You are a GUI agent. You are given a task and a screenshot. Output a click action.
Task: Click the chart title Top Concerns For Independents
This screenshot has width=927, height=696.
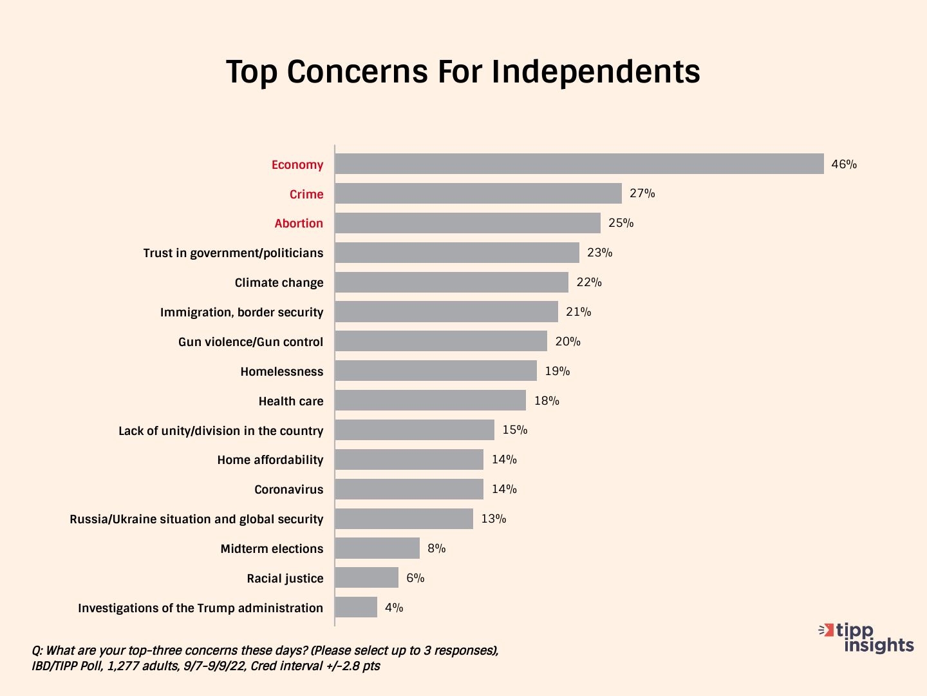(463, 72)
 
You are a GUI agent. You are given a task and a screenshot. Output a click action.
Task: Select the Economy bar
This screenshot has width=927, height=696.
(579, 164)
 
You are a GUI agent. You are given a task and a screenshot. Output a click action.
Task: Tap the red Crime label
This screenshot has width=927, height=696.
(306, 194)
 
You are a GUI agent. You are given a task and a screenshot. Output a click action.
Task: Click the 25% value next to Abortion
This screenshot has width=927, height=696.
(621, 223)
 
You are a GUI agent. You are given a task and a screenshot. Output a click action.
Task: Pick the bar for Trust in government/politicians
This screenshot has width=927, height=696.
(456, 253)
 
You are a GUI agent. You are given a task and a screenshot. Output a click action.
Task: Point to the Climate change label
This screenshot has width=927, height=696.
(279, 282)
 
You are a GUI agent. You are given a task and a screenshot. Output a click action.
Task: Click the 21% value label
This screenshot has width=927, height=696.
(578, 312)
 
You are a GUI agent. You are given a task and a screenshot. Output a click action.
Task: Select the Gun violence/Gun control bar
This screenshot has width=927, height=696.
(440, 342)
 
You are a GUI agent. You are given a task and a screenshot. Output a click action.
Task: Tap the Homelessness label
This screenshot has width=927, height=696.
(281, 371)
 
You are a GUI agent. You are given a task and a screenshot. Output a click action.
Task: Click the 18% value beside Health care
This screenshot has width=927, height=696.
(546, 401)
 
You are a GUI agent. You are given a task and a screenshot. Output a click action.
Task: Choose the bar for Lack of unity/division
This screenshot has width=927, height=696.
(414, 430)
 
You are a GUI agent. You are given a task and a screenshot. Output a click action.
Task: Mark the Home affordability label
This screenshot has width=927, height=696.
(270, 459)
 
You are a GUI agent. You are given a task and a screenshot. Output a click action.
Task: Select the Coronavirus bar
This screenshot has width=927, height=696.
(409, 489)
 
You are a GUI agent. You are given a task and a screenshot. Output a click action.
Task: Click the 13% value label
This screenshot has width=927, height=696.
(493, 519)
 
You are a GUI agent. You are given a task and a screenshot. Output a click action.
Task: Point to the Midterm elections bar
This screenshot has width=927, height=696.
(377, 548)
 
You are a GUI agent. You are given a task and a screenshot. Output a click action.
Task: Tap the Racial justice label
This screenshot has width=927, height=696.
(285, 578)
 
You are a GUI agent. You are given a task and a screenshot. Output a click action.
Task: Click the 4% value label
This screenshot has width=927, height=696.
(394, 608)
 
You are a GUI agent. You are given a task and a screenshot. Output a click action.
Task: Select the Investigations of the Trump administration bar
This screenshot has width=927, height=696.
(355, 608)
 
